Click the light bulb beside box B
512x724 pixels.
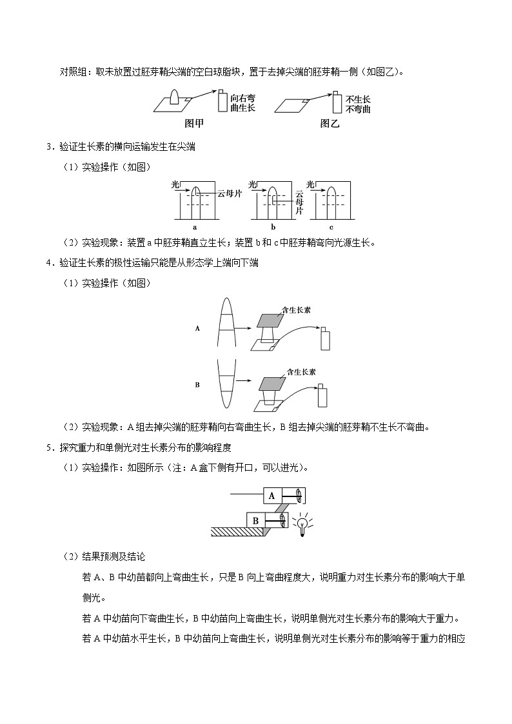300,523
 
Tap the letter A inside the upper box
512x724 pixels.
271,496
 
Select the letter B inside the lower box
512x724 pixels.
255,520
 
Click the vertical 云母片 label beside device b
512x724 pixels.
299,201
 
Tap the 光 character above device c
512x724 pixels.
311,184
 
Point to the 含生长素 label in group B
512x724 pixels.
300,372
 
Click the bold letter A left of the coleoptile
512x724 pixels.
198,328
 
